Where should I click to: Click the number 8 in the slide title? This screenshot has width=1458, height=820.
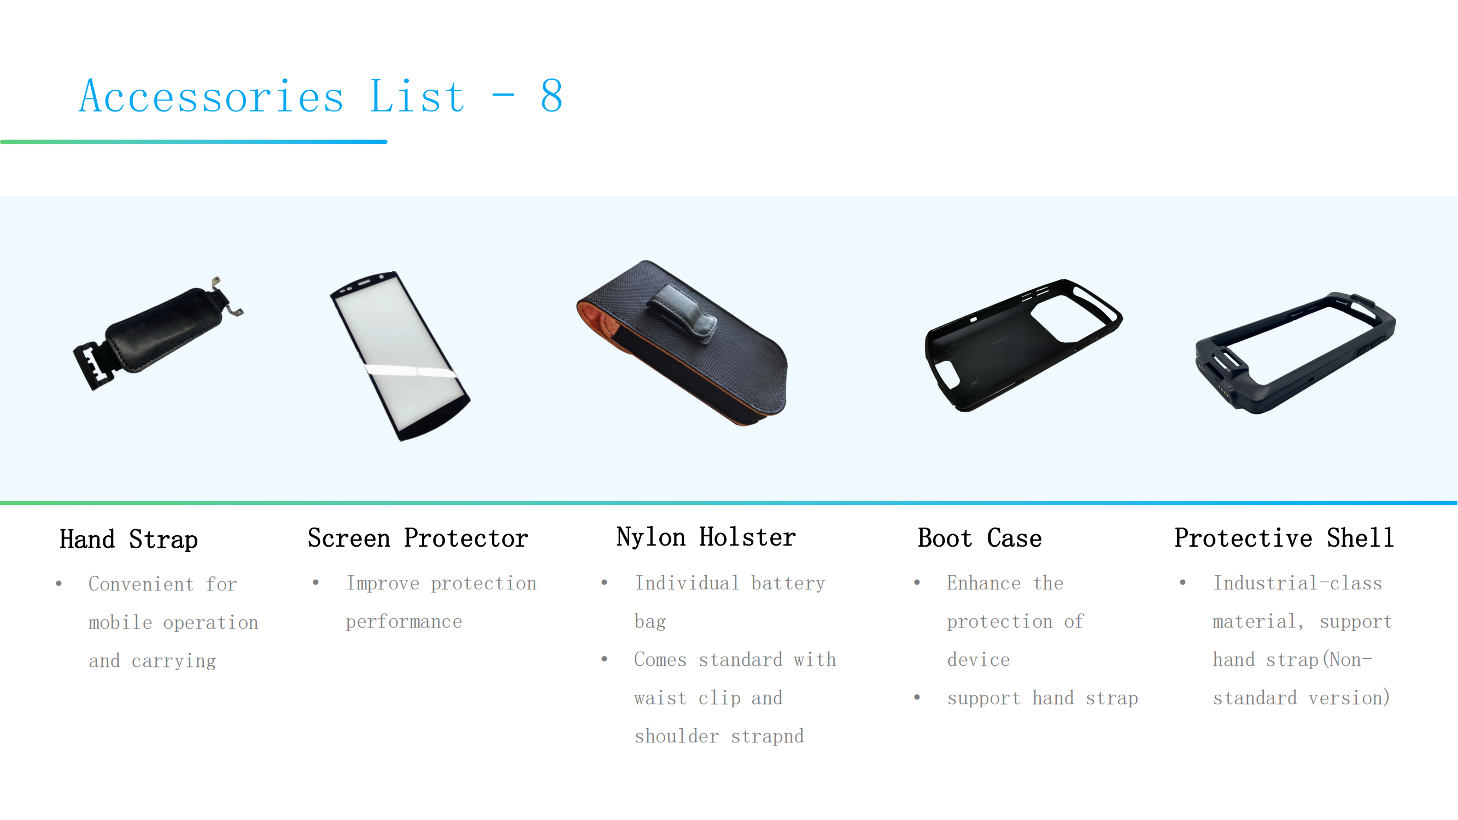point(552,96)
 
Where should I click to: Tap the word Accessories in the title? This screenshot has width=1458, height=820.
point(211,96)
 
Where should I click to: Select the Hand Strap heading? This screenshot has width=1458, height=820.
point(129,540)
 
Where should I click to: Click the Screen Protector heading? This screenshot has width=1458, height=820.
point(418,538)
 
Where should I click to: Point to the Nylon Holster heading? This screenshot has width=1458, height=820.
point(706,537)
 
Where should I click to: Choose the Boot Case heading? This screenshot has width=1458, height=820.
point(980,538)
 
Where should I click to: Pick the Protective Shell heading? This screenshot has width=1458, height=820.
point(1284,537)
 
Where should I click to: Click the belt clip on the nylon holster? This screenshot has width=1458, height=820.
point(682,314)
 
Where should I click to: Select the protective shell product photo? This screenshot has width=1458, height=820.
point(1295,353)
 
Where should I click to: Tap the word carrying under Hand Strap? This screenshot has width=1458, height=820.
point(174,661)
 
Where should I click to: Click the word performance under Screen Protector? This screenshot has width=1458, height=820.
point(404,622)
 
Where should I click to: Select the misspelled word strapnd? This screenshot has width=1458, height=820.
point(767,736)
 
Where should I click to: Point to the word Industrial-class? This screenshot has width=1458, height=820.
point(1297,583)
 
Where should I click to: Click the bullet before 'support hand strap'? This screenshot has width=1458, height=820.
point(917,697)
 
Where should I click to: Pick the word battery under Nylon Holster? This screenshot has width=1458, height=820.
point(788,583)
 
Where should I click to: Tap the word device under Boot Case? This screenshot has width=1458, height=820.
point(979,660)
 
